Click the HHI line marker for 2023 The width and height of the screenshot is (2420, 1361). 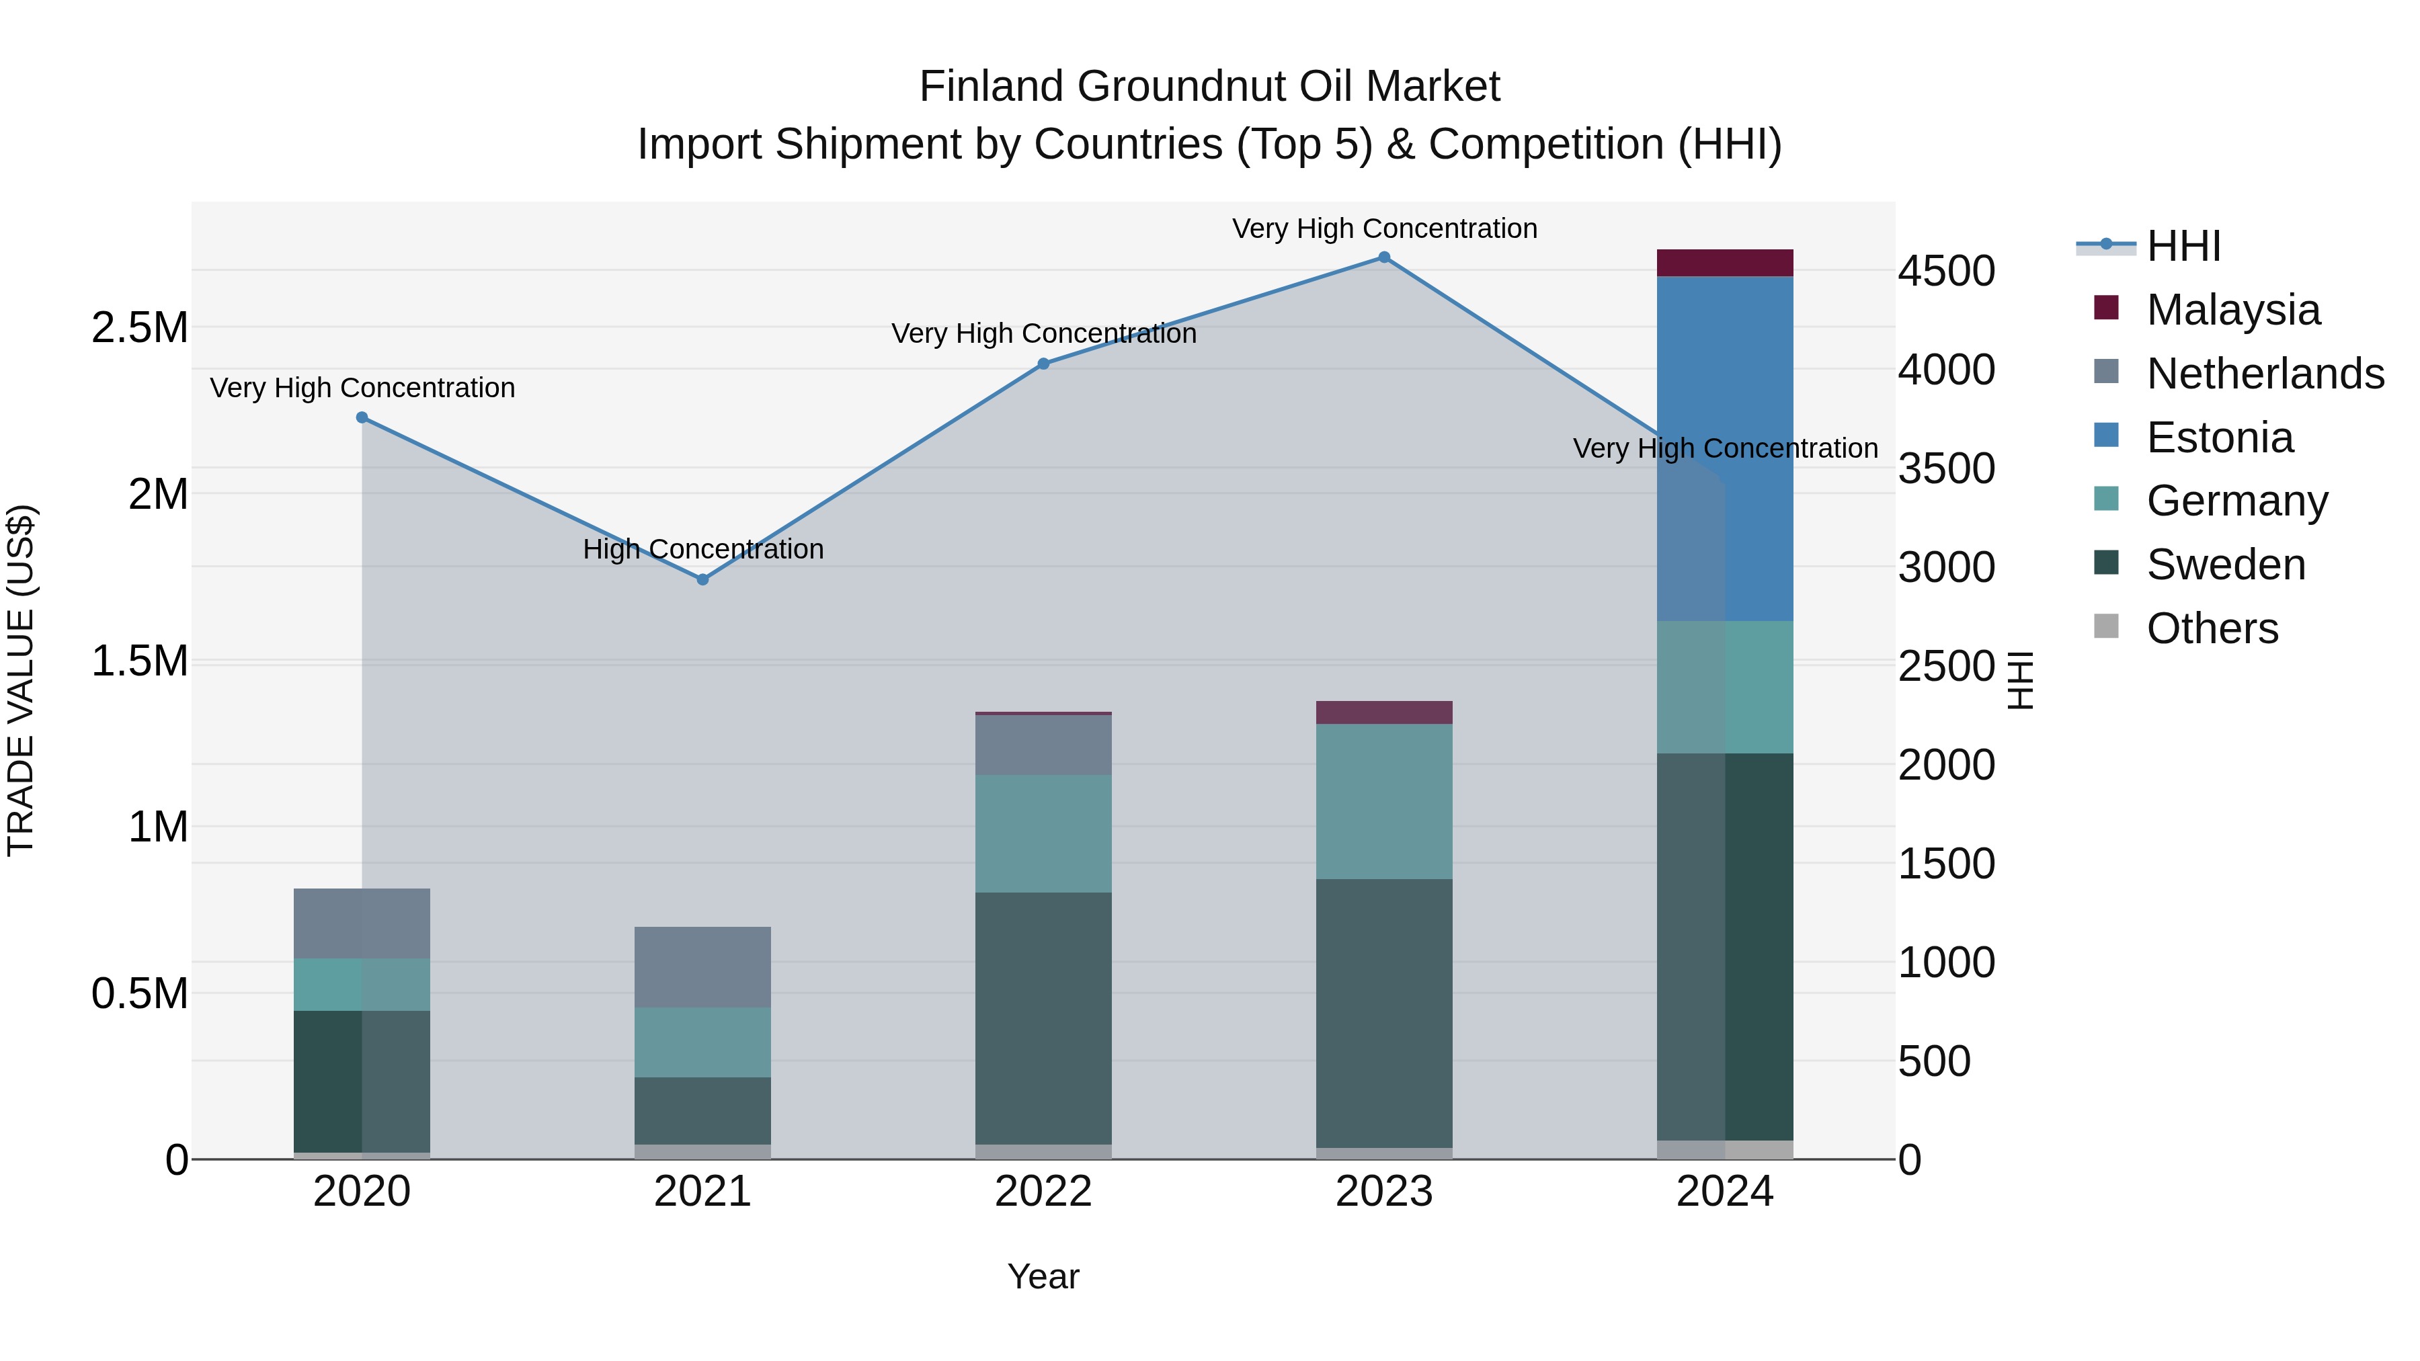click(1384, 257)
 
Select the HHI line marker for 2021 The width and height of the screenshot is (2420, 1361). click(702, 579)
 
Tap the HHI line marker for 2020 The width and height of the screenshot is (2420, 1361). click(362, 417)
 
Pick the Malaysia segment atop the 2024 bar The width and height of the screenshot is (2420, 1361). click(1725, 263)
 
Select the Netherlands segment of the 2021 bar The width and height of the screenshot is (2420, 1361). click(702, 966)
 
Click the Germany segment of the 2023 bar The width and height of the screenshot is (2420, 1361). click(1384, 801)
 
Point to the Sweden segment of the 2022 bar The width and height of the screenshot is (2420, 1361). click(1043, 1018)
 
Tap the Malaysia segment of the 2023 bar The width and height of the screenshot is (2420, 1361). click(1384, 712)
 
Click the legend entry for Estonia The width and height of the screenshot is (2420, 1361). click(2219, 438)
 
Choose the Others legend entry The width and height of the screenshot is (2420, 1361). click(2212, 628)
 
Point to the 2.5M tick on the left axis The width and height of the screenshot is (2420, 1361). click(139, 328)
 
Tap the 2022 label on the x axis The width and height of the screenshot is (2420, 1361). click(1043, 1192)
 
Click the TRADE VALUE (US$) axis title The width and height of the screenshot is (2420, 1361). click(21, 680)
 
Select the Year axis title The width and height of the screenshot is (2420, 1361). click(1043, 1276)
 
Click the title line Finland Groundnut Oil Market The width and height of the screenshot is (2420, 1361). click(1209, 87)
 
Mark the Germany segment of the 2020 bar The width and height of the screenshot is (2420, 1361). click(362, 985)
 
